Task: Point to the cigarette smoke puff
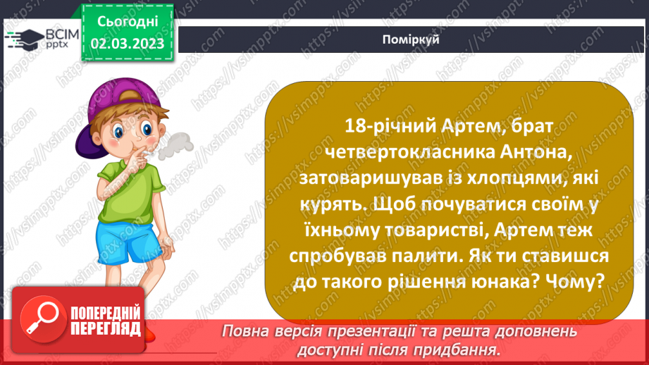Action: [173, 144]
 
